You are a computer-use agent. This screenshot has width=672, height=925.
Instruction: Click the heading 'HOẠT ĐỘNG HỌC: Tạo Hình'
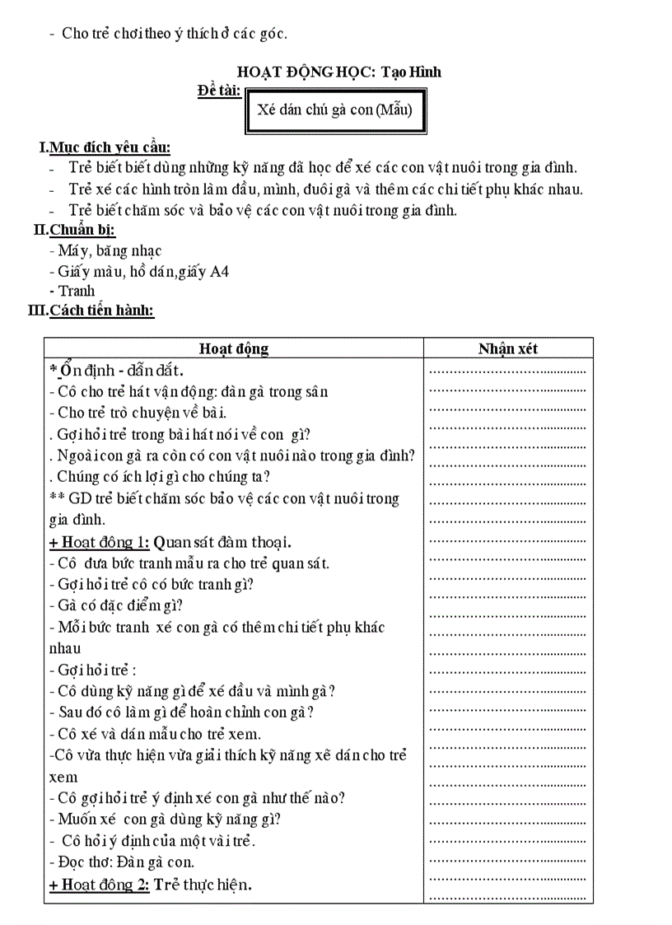point(338,72)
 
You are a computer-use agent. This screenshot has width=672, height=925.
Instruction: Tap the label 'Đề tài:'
point(219,90)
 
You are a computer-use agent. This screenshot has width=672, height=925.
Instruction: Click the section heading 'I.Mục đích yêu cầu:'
point(105,147)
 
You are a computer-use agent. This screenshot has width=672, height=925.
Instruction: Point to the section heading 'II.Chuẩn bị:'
point(74,230)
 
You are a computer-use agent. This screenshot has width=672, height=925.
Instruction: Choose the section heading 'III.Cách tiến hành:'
point(91,311)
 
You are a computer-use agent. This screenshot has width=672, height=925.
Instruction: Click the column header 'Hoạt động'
point(234,348)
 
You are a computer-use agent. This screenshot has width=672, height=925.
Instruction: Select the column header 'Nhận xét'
point(507,348)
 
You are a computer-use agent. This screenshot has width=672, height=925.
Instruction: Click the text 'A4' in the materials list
point(220,271)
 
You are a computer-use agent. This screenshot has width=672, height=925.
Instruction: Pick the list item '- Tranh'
point(72,291)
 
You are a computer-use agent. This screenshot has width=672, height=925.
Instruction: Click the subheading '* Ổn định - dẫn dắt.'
point(116,370)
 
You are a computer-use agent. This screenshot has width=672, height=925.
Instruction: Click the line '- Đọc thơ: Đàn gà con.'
point(122,862)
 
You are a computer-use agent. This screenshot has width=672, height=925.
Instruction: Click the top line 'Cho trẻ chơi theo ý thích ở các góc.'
point(174,34)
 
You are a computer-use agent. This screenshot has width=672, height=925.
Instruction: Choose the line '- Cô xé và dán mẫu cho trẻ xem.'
point(156,734)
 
